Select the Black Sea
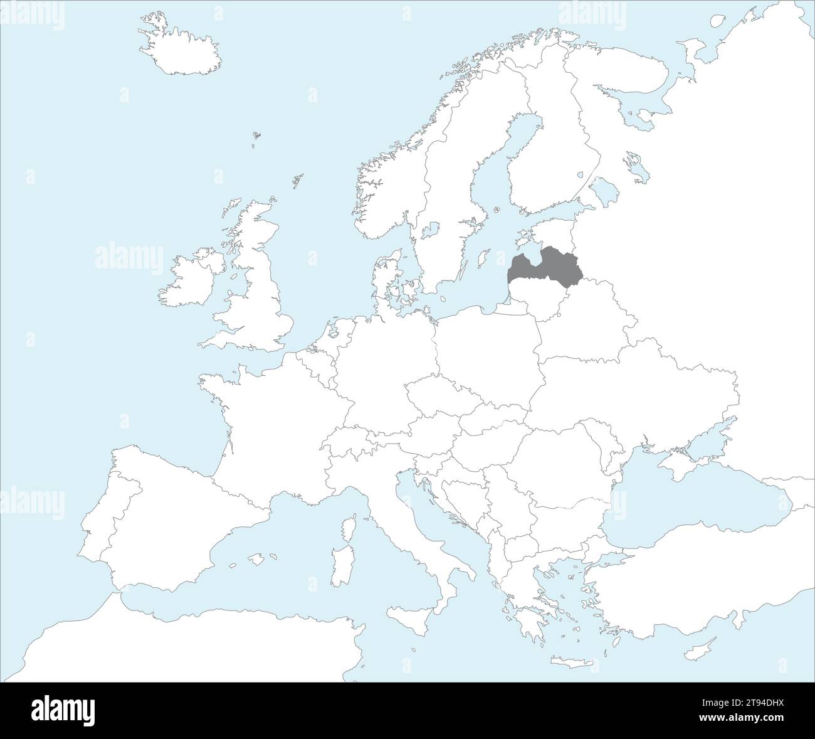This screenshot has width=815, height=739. point(690,502)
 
